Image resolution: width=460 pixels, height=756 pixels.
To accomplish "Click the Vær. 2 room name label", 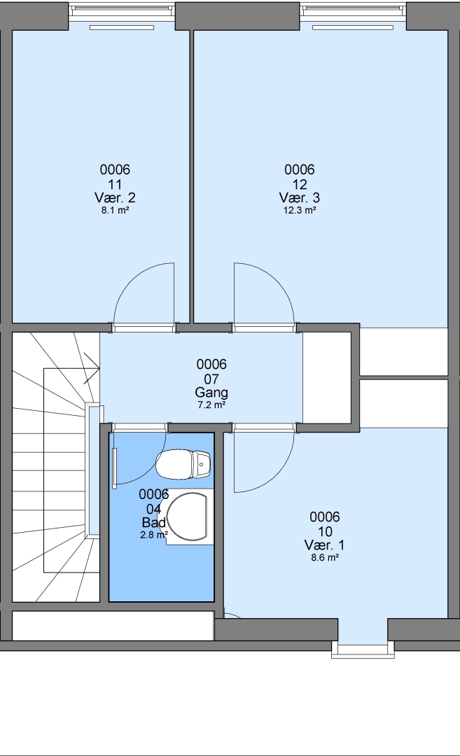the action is (115, 197).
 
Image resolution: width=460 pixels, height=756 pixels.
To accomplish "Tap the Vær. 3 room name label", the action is (300, 197).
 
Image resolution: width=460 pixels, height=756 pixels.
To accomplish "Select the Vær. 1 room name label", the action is (324, 545).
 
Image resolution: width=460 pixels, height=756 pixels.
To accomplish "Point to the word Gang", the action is (211, 393).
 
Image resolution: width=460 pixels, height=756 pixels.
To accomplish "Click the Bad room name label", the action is (154, 523).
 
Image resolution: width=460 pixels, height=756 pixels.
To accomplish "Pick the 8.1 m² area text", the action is (115, 210).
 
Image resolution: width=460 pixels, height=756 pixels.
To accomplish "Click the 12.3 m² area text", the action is (300, 210).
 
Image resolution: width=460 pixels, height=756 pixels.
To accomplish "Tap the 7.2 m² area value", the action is (211, 405).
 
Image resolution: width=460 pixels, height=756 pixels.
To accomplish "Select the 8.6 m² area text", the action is (324, 558).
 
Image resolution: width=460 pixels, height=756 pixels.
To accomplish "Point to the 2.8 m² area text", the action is (154, 534).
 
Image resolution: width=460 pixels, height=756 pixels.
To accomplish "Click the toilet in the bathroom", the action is (183, 464).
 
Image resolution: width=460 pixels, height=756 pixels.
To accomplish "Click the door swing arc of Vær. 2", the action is (131, 280).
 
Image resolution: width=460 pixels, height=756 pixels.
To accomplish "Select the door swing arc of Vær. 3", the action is (277, 280).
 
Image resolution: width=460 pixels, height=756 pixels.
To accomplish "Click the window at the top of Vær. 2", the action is (121, 10).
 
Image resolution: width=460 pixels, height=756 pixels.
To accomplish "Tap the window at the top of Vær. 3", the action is (353, 10).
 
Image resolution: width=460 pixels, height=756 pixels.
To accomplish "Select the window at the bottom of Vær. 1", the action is (363, 648).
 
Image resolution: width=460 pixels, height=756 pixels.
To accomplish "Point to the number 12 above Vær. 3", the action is (300, 184).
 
